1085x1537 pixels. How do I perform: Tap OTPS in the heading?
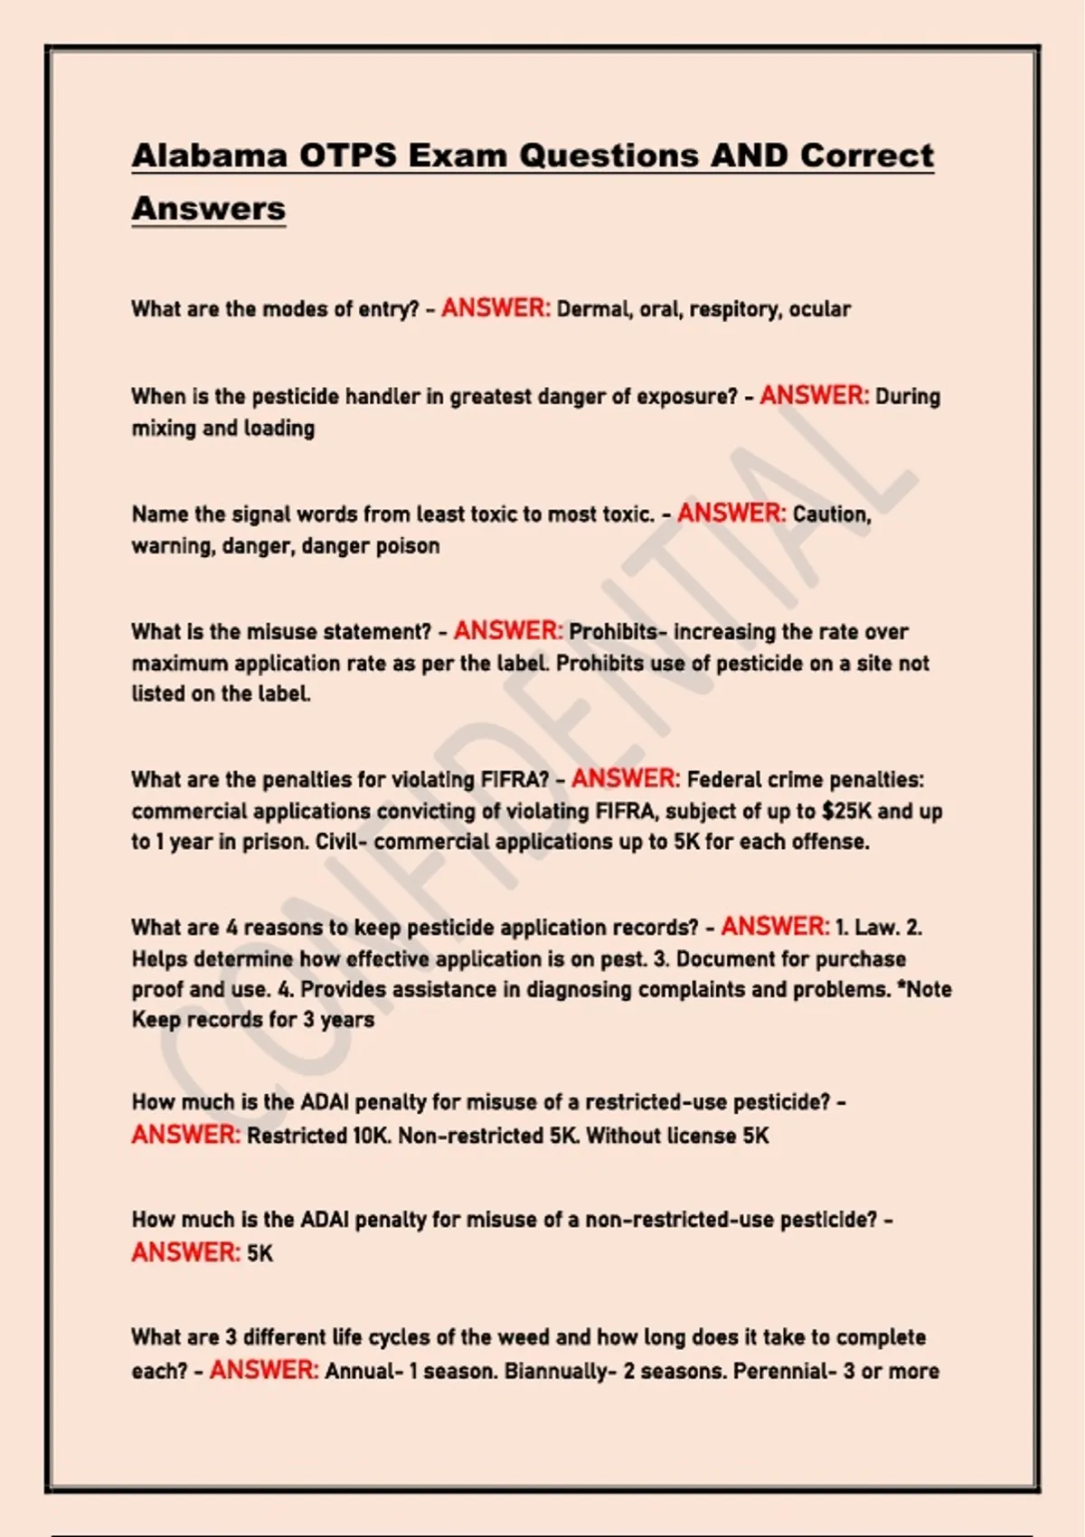(x=348, y=156)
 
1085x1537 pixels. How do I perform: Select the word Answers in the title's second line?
(x=209, y=209)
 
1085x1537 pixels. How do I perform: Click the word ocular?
(x=820, y=309)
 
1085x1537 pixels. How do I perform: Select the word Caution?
(x=832, y=514)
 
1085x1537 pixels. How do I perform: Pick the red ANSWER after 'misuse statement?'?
(x=508, y=631)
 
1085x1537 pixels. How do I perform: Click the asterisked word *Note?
(x=924, y=990)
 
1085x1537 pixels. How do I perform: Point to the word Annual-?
(x=363, y=1372)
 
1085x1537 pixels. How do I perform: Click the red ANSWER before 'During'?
(x=815, y=396)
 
